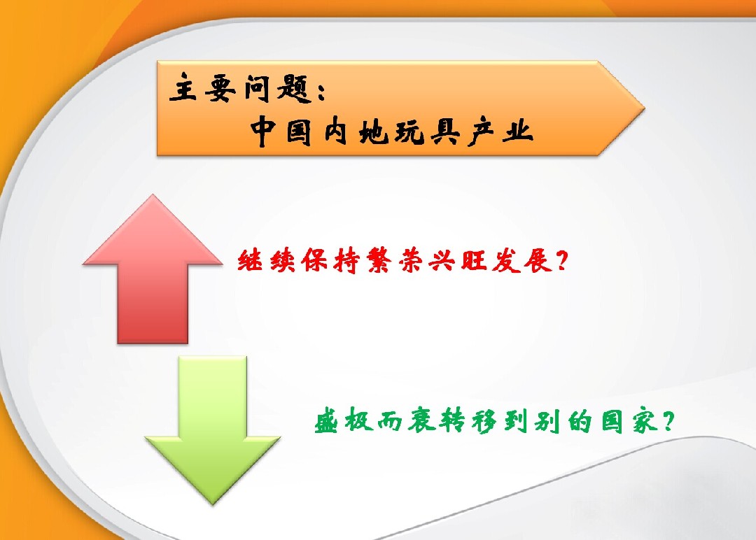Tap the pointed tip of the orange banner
(x=644, y=108)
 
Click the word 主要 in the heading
(x=202, y=88)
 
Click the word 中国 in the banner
(x=281, y=131)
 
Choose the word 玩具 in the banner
(x=427, y=131)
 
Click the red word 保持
(x=330, y=261)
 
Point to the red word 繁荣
(x=394, y=261)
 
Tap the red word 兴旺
(x=458, y=261)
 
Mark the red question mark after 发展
(x=561, y=261)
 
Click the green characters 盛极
(x=344, y=420)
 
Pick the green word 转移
(x=467, y=420)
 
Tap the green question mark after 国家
(x=668, y=421)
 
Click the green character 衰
(x=422, y=420)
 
